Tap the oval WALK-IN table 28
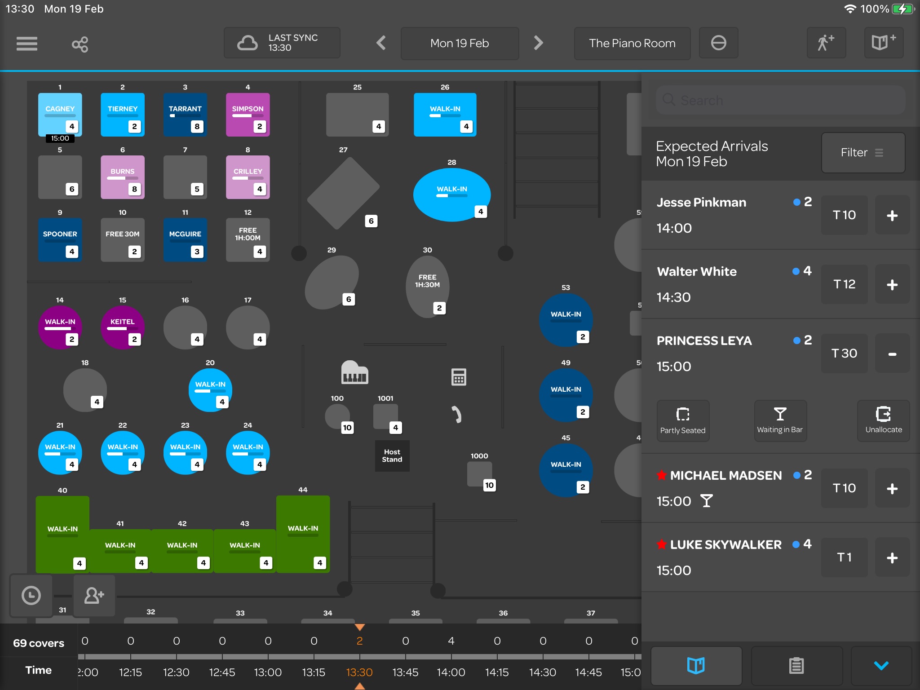(x=451, y=194)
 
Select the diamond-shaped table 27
(x=343, y=193)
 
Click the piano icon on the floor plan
(x=354, y=372)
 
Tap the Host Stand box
(x=392, y=456)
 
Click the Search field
(x=780, y=100)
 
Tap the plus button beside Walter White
(x=892, y=284)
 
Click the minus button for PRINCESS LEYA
(x=892, y=354)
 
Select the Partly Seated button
(x=683, y=420)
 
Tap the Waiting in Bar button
(x=780, y=420)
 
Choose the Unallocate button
(x=883, y=420)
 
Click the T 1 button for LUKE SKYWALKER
(x=844, y=557)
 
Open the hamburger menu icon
(x=27, y=44)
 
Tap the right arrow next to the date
(x=538, y=43)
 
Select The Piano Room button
(x=632, y=43)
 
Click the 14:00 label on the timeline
(x=451, y=672)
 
